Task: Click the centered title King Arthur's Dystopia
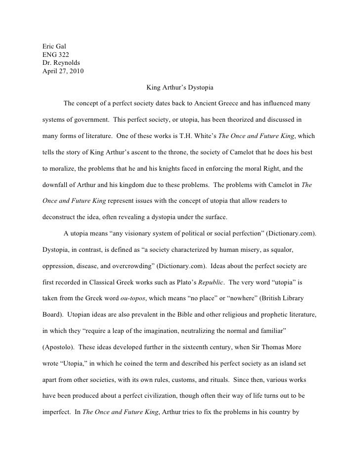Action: click(180, 88)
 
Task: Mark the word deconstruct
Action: click(60, 217)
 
